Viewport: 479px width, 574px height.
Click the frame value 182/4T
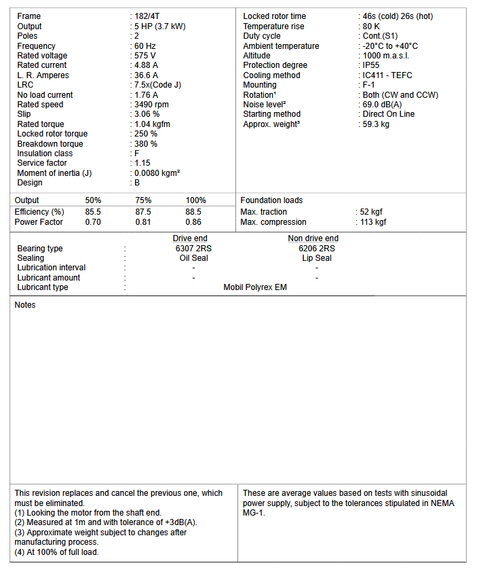[x=147, y=16]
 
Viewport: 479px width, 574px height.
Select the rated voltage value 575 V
[x=145, y=56]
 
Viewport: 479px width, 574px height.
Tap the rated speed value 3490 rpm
[x=152, y=105]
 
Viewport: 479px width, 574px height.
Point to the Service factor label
[x=41, y=163]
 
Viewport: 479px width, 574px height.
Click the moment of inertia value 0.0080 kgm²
[x=157, y=173]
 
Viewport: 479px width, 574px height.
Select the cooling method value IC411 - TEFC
[x=387, y=75]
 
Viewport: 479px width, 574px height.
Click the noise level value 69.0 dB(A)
[x=384, y=105]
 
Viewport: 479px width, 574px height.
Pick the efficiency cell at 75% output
[x=143, y=212]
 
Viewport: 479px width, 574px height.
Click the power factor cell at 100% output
[x=193, y=222]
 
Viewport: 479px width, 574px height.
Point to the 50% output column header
[x=93, y=200]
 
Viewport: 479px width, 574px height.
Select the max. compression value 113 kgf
[x=373, y=222]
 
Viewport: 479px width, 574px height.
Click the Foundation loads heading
[x=271, y=200]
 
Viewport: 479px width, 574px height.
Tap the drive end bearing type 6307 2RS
[x=193, y=249]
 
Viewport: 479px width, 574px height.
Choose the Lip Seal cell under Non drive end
[x=316, y=258]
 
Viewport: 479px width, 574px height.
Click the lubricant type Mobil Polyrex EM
[x=255, y=287]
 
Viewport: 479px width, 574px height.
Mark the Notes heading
[x=25, y=305]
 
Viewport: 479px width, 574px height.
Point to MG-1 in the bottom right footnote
[x=254, y=513]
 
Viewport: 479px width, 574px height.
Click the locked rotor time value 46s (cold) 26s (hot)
[x=398, y=16]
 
